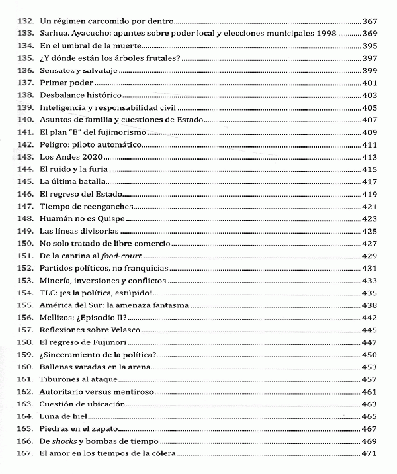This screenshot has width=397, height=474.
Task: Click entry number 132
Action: click(x=27, y=21)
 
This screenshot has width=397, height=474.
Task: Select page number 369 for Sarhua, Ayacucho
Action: click(x=370, y=33)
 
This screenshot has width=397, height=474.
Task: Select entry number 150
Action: click(x=27, y=243)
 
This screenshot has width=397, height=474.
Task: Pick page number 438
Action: click(x=370, y=305)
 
